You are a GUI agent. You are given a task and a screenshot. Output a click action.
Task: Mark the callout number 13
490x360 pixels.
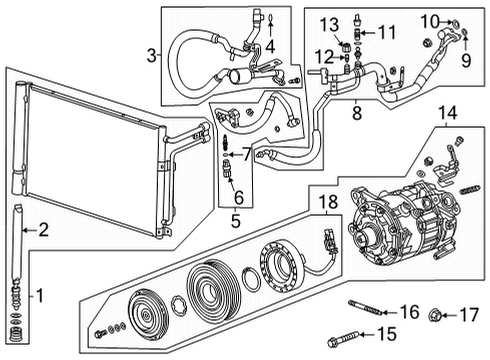331,23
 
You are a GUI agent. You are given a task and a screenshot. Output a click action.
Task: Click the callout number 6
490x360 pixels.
237,195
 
